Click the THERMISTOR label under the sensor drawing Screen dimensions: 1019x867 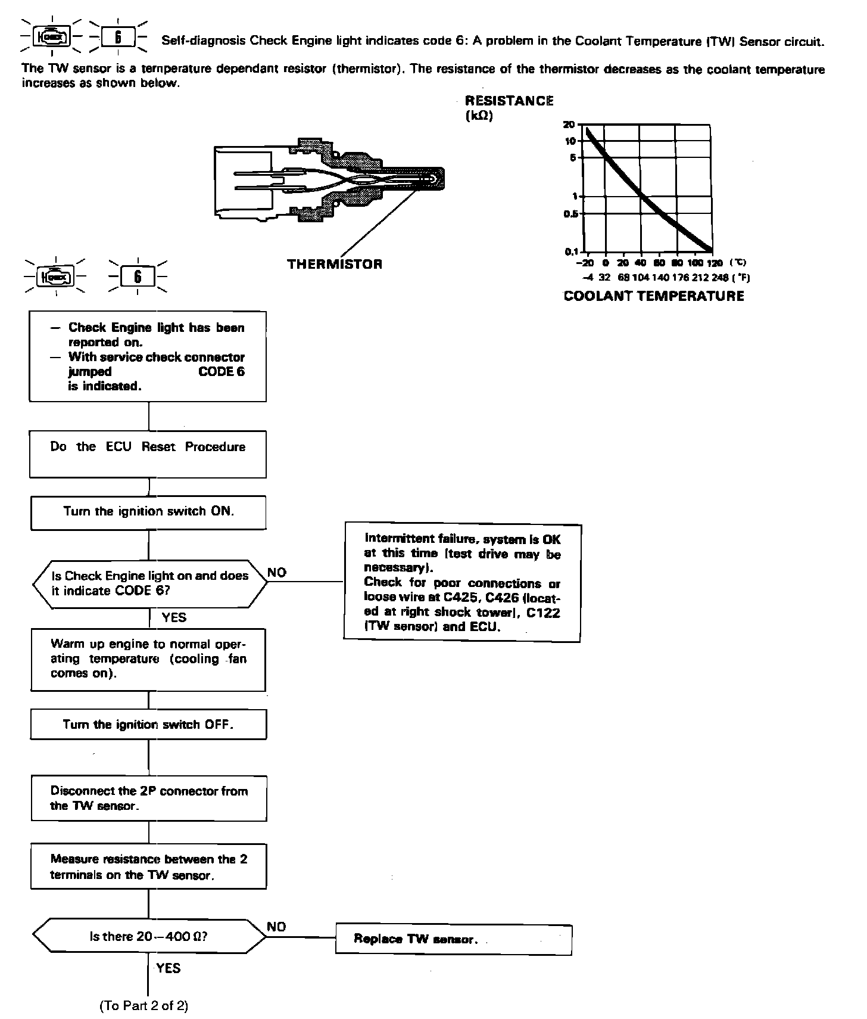335,264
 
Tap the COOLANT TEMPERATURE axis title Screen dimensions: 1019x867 653,296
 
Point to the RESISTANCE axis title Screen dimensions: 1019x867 509,101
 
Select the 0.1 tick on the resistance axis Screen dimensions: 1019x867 571,251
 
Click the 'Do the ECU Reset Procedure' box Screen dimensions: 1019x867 148,454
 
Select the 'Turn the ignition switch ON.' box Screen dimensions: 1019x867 148,512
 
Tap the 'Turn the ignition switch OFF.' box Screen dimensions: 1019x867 148,725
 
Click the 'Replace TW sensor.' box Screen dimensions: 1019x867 453,939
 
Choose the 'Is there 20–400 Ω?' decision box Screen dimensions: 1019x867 149,936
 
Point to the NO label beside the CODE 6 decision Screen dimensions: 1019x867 276,573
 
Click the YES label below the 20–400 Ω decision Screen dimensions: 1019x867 169,968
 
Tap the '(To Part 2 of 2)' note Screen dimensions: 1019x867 144,1006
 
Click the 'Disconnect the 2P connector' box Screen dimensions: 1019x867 148,798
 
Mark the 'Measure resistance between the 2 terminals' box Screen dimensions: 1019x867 148,866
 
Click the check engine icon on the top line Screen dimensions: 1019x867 52,38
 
